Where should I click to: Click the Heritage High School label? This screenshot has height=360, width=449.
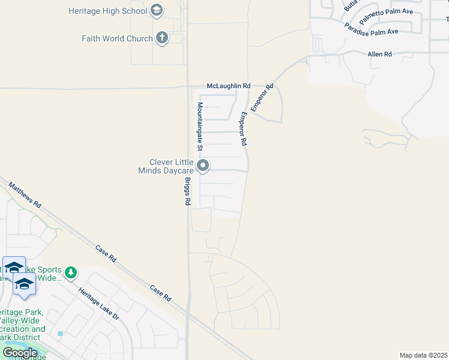point(107,11)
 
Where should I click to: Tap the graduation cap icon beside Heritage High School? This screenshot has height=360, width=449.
point(157,10)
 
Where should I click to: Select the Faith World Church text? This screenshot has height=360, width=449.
point(117,38)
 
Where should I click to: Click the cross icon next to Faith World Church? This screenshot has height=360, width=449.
point(161,38)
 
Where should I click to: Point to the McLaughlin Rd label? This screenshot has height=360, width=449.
point(228,86)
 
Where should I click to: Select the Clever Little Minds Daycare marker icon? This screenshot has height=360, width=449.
point(203,165)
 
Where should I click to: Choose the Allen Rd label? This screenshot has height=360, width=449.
point(379,54)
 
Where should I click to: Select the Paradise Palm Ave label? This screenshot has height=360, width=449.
point(372,29)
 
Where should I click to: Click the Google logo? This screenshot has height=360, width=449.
point(20,352)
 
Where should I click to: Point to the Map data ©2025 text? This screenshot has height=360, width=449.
point(423,355)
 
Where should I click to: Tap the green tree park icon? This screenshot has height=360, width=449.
point(71,273)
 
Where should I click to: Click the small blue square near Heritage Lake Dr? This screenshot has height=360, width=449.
point(60,333)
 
